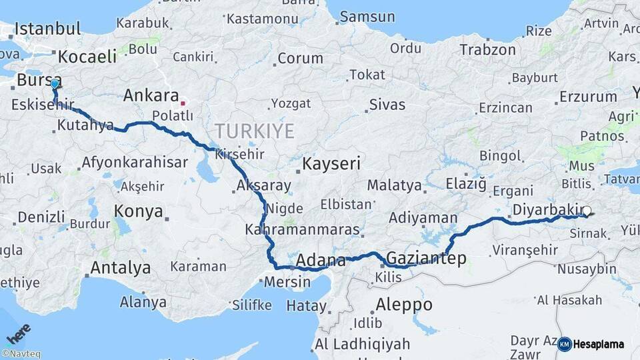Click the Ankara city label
point(151,95)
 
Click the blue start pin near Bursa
point(55,84)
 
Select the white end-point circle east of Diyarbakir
point(587,212)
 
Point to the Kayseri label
point(331,163)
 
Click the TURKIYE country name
point(254,131)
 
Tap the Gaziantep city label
point(426,258)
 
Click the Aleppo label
point(404,305)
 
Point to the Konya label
point(139,211)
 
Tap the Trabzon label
point(487,49)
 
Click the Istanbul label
point(48,29)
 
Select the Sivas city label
point(387,104)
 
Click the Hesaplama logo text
point(599,344)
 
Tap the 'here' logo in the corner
point(18,332)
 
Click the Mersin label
point(287,281)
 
